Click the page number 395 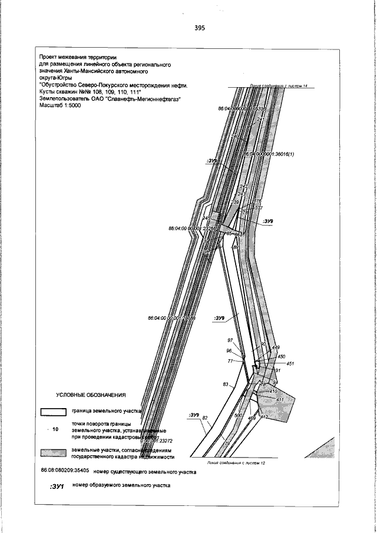pos(199,28)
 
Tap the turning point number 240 pos(235,137)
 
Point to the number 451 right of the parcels pos(290,364)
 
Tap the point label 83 pos(225,384)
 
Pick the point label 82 pos(205,418)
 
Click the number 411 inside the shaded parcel pos(280,400)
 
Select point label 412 pos(264,417)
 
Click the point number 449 pos(275,348)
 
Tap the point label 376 pos(257,201)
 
